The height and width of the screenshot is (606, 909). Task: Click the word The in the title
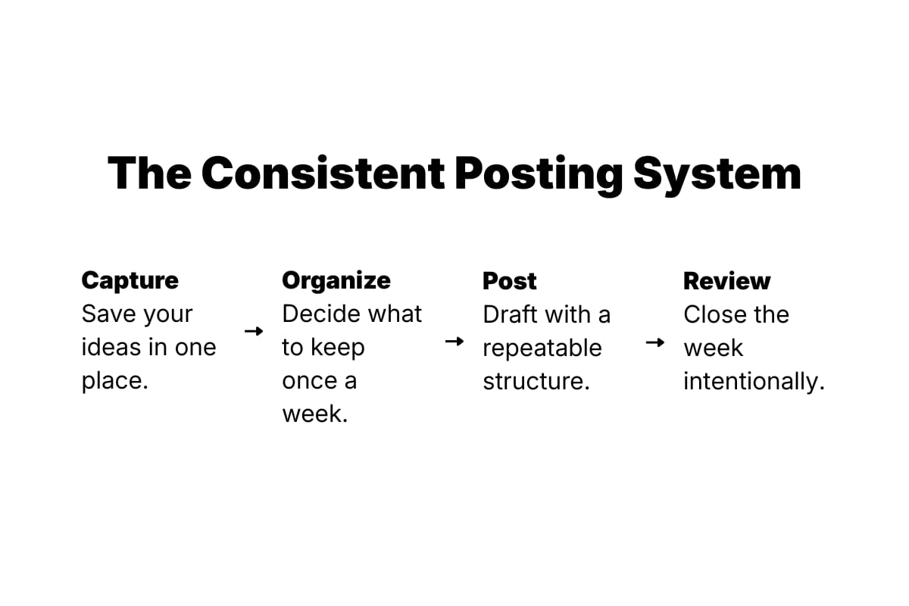pos(148,173)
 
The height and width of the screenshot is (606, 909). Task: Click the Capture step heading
pos(130,280)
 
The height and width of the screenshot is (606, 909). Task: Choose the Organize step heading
pos(336,280)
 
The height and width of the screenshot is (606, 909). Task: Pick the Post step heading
pos(510,281)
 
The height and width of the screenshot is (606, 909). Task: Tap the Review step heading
pos(726,281)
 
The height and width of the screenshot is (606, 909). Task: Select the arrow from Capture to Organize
pos(254,331)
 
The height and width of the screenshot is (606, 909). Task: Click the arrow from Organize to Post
pos(454,342)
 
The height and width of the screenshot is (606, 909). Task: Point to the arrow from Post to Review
pos(654,342)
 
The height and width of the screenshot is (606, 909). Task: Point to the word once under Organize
pos(310,381)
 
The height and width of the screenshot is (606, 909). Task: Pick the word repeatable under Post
pos(542,348)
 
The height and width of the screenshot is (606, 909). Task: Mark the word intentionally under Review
pos(754,382)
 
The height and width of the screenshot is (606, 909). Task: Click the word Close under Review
pos(711,314)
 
